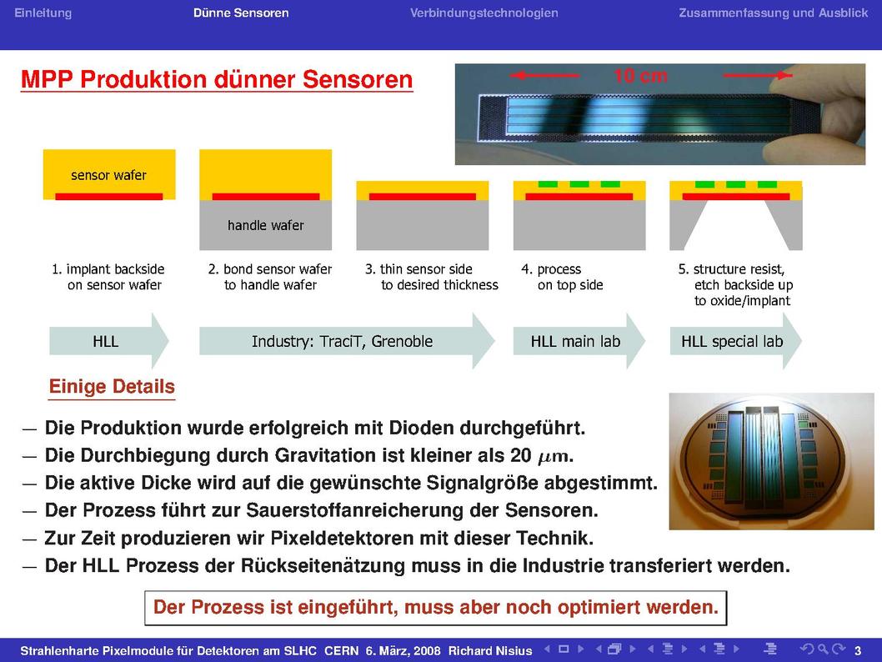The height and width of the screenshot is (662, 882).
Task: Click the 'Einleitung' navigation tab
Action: [43, 13]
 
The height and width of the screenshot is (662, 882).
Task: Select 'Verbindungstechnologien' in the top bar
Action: [484, 13]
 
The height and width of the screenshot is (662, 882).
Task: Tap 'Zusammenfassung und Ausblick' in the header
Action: [773, 13]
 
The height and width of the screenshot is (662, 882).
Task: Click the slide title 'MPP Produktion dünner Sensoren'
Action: [217, 79]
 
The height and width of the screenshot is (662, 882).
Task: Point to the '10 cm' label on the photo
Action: [641, 75]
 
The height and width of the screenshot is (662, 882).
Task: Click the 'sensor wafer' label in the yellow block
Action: [108, 175]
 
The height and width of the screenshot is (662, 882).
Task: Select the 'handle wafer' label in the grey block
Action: [265, 226]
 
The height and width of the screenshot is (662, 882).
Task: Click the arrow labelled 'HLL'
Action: [109, 341]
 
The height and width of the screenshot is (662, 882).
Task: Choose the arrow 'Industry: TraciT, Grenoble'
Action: [347, 341]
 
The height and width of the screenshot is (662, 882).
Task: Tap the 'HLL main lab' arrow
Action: [579, 341]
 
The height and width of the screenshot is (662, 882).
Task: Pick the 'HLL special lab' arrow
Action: [736, 341]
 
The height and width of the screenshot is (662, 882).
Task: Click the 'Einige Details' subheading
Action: [112, 387]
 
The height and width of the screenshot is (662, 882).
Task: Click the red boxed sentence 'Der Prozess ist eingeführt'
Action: [436, 608]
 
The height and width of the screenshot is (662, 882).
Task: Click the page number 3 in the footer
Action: [858, 651]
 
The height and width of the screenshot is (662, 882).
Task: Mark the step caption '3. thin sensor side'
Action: [419, 269]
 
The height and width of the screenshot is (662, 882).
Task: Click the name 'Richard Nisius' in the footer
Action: [490, 651]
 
